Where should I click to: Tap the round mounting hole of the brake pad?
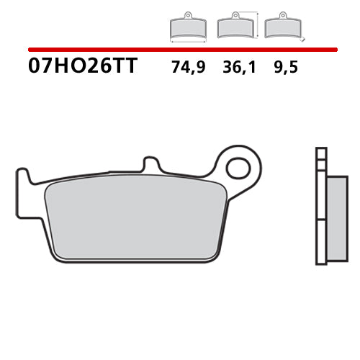(x=237, y=168)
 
